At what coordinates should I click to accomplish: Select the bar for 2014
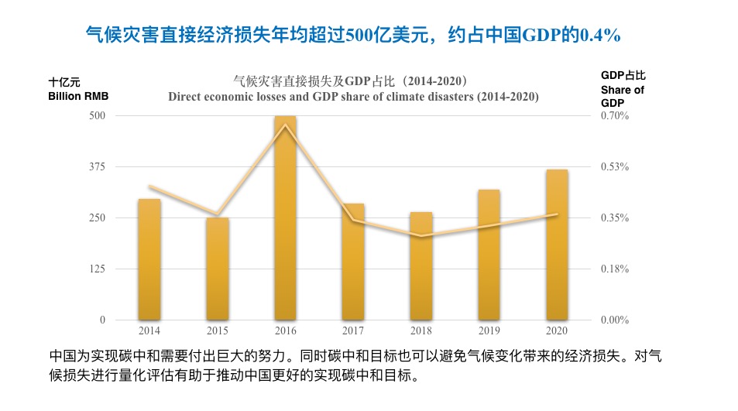[x=149, y=259]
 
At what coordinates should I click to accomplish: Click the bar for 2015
[x=218, y=269]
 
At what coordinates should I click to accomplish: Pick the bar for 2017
[x=353, y=262]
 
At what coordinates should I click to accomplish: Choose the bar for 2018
[x=421, y=265]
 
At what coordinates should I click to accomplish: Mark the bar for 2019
[x=489, y=255]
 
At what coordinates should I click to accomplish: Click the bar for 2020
[x=557, y=245]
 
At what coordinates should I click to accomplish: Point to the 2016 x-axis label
[x=286, y=331]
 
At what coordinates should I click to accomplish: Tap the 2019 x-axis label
[x=489, y=331]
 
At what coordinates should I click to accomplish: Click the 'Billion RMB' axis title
[x=78, y=96]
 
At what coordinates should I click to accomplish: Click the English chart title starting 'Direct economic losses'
[x=353, y=97]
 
